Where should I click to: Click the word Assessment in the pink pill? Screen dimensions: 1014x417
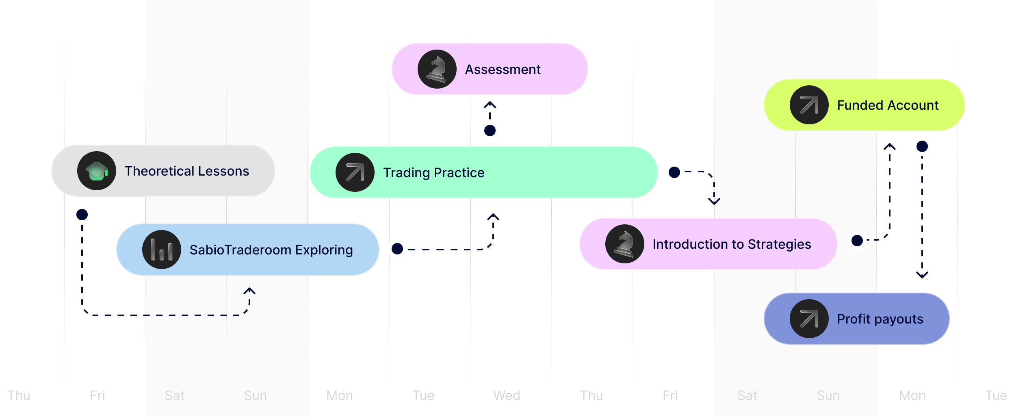point(503,69)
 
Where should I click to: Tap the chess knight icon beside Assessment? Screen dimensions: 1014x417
point(437,69)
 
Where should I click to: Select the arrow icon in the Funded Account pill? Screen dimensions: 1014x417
point(809,105)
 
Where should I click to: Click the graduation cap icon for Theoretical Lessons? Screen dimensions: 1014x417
point(97,171)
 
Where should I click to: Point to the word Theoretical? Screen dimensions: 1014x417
point(159,171)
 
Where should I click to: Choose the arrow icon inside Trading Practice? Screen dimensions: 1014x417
point(355,172)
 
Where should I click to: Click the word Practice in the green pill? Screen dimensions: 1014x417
point(459,173)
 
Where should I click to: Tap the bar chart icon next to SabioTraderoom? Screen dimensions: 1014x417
point(162,250)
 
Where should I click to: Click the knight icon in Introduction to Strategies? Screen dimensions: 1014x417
point(625,244)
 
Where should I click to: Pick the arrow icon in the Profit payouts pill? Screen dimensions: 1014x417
point(809,319)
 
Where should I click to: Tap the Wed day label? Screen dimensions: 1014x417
point(507,395)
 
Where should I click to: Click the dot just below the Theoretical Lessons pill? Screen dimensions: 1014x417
point(82,215)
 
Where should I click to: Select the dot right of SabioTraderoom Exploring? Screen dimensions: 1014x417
point(397,249)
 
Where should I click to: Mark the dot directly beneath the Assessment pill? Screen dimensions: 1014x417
point(490,130)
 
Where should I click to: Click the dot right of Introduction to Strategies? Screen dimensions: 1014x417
point(857,241)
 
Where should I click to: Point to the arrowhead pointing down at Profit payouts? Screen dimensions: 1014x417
point(922,275)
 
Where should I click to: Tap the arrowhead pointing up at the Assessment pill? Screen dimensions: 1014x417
point(490,104)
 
